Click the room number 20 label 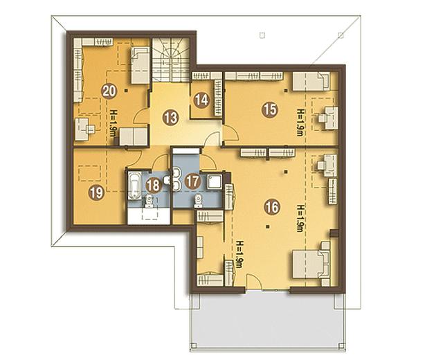(109, 91)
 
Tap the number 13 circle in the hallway (170, 118)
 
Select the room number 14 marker (201, 100)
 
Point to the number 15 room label (270, 109)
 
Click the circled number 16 (272, 207)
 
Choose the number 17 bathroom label (192, 181)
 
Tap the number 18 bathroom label (153, 186)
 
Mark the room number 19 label (96, 193)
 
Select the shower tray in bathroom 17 (215, 181)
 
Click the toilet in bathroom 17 (198, 201)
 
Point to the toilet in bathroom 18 (149, 202)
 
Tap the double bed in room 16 (311, 264)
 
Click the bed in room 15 (311, 81)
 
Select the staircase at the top (170, 60)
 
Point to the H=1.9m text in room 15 (300, 123)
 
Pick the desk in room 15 (329, 118)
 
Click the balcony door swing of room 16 (254, 280)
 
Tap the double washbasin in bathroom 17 (176, 179)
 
